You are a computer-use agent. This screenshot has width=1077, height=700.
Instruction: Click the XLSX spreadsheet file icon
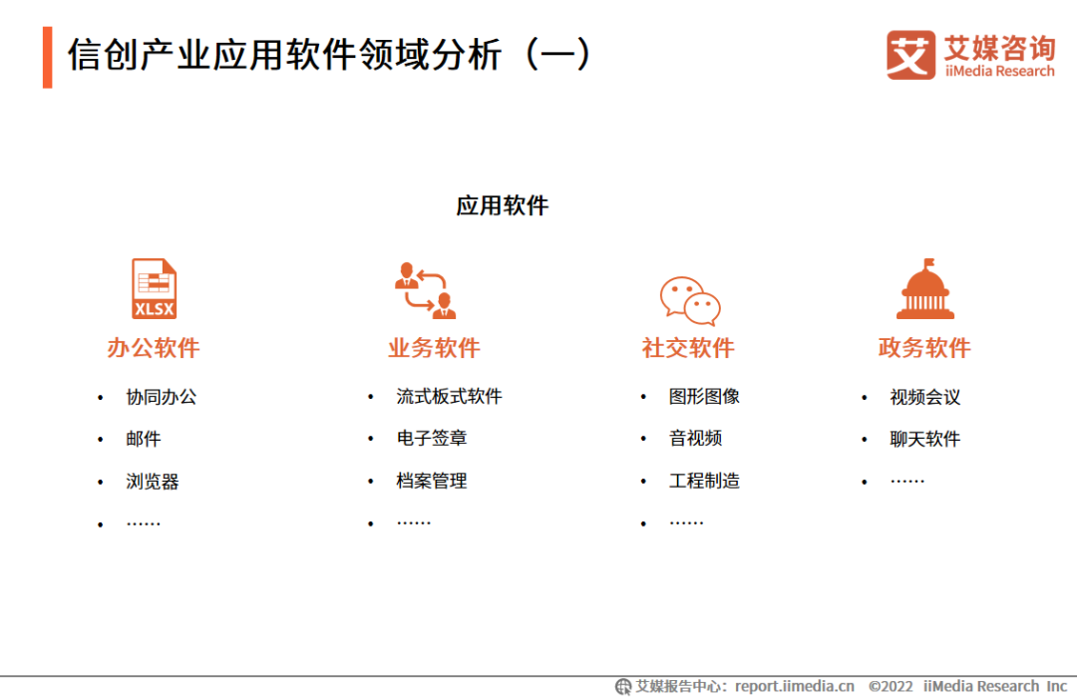154,288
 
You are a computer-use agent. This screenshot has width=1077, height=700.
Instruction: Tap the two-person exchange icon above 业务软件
426,290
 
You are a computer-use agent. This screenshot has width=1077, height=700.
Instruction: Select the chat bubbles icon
690,300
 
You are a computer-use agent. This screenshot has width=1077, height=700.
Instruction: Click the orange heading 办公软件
154,348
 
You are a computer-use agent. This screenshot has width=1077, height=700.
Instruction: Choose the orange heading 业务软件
434,348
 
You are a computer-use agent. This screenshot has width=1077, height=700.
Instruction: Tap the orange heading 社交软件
688,348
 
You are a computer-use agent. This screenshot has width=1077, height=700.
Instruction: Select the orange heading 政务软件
924,348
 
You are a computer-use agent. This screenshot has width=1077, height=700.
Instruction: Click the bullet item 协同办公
162,397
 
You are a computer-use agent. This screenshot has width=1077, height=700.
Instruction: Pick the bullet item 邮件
144,439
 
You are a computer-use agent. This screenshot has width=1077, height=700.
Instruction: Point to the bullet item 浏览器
153,482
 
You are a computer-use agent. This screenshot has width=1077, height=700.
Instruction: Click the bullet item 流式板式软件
449,397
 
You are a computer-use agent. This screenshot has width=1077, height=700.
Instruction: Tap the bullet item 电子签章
432,439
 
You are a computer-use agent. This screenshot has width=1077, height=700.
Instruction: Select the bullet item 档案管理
432,481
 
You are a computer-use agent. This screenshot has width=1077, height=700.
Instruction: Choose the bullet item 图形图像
705,397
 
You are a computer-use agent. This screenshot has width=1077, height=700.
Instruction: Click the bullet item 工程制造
705,481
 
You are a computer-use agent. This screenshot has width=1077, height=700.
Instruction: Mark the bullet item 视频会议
925,397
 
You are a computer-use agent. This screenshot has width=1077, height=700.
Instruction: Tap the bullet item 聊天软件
925,439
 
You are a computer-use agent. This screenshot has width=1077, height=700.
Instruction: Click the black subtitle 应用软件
503,205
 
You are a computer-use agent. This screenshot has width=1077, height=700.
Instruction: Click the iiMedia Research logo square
910,55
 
